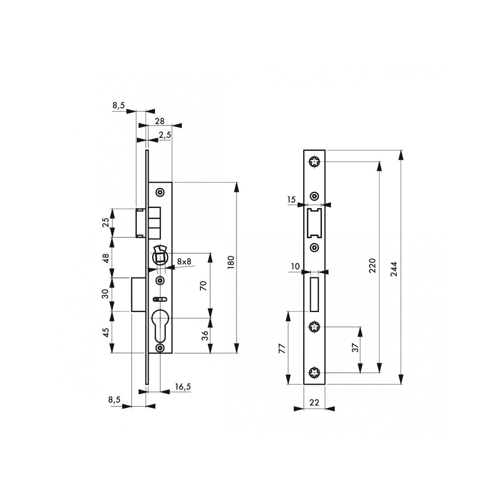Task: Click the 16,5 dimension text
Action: coord(183,387)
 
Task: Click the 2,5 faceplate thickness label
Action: coord(165,135)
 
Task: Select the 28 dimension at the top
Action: coord(159,121)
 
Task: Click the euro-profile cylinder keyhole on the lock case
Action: coord(160,325)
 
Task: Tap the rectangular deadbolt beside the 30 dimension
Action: coord(137,294)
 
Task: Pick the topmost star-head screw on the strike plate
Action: coord(314,162)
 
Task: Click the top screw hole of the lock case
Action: coord(160,192)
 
